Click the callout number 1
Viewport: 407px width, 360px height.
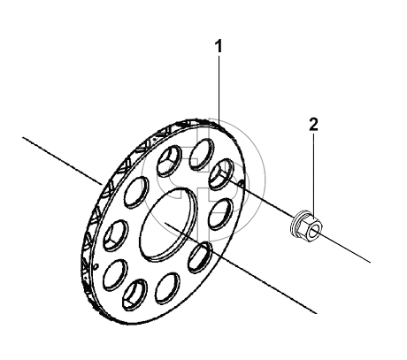click(x=219, y=47)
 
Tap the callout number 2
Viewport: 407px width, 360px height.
click(x=314, y=124)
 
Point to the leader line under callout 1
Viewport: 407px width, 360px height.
click(x=219, y=90)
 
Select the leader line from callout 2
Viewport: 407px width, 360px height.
click(x=314, y=174)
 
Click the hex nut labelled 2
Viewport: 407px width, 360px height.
click(x=308, y=226)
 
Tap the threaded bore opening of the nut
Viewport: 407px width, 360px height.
click(x=316, y=228)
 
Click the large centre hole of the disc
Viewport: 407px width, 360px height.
click(x=168, y=224)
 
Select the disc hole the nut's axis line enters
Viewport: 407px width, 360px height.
click(x=221, y=173)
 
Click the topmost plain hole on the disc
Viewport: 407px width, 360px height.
click(x=201, y=154)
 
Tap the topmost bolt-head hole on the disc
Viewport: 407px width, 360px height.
click(x=170, y=161)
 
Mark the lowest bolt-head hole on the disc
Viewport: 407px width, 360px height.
click(x=134, y=294)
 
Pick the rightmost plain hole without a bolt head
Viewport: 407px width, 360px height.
click(x=221, y=214)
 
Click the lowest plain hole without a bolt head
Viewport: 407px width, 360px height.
click(x=167, y=288)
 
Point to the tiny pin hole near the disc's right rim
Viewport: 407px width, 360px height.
click(x=241, y=184)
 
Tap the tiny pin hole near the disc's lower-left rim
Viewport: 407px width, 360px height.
click(x=96, y=267)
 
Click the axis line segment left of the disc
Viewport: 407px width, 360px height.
click(x=62, y=161)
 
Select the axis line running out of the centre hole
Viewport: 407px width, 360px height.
click(x=241, y=268)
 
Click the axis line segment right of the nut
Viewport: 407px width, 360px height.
click(x=345, y=247)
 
